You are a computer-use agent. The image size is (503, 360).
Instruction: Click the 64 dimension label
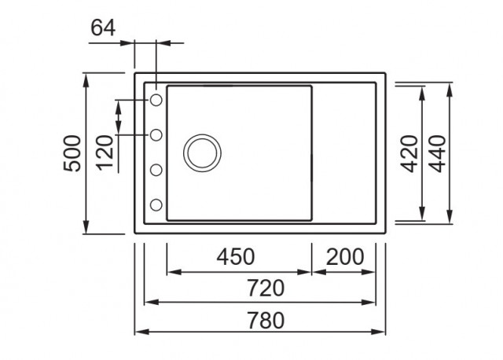point(103,28)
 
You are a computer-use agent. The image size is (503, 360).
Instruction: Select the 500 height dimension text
point(72,154)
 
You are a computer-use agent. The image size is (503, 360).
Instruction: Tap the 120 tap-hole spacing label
point(105,152)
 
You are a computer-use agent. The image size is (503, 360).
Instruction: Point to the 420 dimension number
point(409,154)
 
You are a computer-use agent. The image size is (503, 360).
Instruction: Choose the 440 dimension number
point(437,154)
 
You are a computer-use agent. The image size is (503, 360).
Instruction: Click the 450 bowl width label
point(236,257)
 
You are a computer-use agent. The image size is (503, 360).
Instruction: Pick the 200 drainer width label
point(345,257)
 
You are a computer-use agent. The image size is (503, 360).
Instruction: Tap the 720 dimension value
point(266,288)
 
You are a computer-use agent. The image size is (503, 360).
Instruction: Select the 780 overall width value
point(266,320)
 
